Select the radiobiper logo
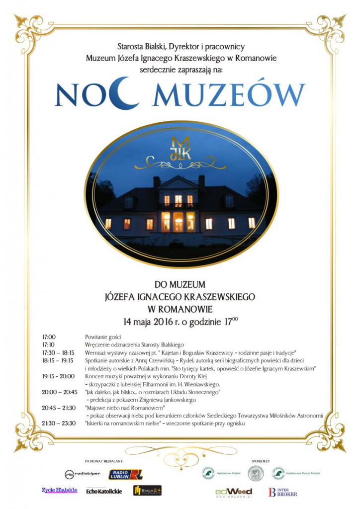[83, 474]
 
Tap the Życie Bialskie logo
[60, 490]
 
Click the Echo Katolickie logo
[103, 491]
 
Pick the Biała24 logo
[147, 491]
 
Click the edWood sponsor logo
[234, 492]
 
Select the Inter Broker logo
[283, 492]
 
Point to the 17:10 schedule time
[48, 344]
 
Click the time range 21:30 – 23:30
[59, 424]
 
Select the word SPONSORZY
[261, 461]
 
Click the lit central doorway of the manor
[178, 221]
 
